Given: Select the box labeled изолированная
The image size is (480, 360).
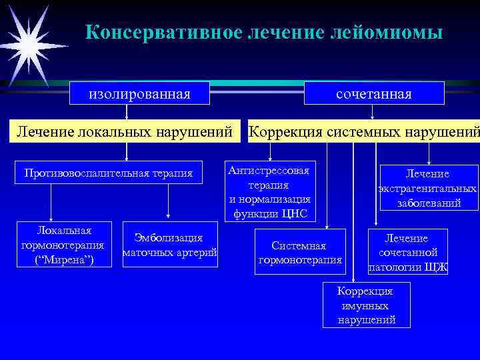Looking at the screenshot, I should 140,93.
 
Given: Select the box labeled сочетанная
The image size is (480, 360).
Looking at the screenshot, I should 374,93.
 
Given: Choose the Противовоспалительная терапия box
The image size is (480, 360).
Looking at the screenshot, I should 108,173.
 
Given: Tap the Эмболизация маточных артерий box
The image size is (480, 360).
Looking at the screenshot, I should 169,245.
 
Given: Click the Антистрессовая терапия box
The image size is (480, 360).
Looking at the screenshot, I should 269,192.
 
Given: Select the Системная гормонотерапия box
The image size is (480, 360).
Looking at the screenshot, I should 300,252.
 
